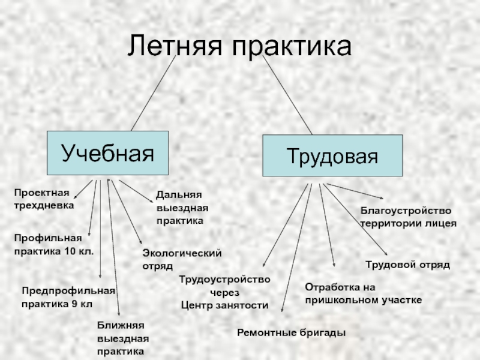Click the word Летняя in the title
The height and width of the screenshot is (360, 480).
point(175,46)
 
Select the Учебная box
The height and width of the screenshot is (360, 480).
point(107,154)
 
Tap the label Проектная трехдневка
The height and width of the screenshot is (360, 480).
point(43,199)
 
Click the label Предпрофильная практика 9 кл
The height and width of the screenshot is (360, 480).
point(68,297)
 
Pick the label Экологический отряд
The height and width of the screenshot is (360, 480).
point(181,259)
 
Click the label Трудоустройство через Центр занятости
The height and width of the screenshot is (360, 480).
point(225,292)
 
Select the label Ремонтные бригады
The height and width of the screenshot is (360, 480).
point(292,332)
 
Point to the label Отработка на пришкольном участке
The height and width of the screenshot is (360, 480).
point(363,293)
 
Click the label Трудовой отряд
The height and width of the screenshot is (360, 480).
point(407,264)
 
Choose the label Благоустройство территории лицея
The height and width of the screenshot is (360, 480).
point(408,217)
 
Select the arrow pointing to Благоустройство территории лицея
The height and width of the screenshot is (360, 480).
point(354,191)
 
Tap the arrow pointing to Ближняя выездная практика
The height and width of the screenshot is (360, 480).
point(113,246)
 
